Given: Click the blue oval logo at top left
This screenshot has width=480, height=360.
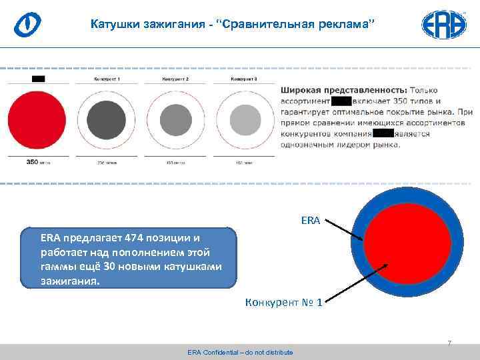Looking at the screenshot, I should tap(27, 25).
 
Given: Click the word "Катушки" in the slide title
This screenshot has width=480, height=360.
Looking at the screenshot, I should tap(114, 25).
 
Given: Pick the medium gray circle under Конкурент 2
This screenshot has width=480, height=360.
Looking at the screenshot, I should tap(176, 120).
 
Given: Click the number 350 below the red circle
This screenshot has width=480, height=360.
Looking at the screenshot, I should tap(32, 161).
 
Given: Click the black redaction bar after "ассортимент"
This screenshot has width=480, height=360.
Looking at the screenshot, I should tap(341, 101).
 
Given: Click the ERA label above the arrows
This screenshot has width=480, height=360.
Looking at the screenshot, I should tap(311, 219).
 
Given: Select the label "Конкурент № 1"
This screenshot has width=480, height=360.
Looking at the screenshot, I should tap(284, 303).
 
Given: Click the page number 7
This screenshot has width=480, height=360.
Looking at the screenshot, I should tap(449, 343).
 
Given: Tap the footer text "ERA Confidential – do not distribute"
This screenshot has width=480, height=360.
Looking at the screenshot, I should tap(240, 352).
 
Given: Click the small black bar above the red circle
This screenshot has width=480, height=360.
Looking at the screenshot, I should tap(37, 79).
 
